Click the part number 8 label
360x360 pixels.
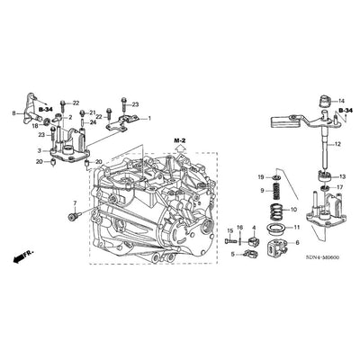pos(13,112)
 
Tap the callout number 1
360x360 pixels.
pos(150,119)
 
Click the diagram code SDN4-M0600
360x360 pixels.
pos(320,257)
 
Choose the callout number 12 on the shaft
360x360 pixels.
pos(338,145)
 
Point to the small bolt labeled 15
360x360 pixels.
pos(230,241)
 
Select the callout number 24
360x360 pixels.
pos(94,122)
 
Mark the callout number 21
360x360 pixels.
pos(93,112)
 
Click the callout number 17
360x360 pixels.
pos(340,187)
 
